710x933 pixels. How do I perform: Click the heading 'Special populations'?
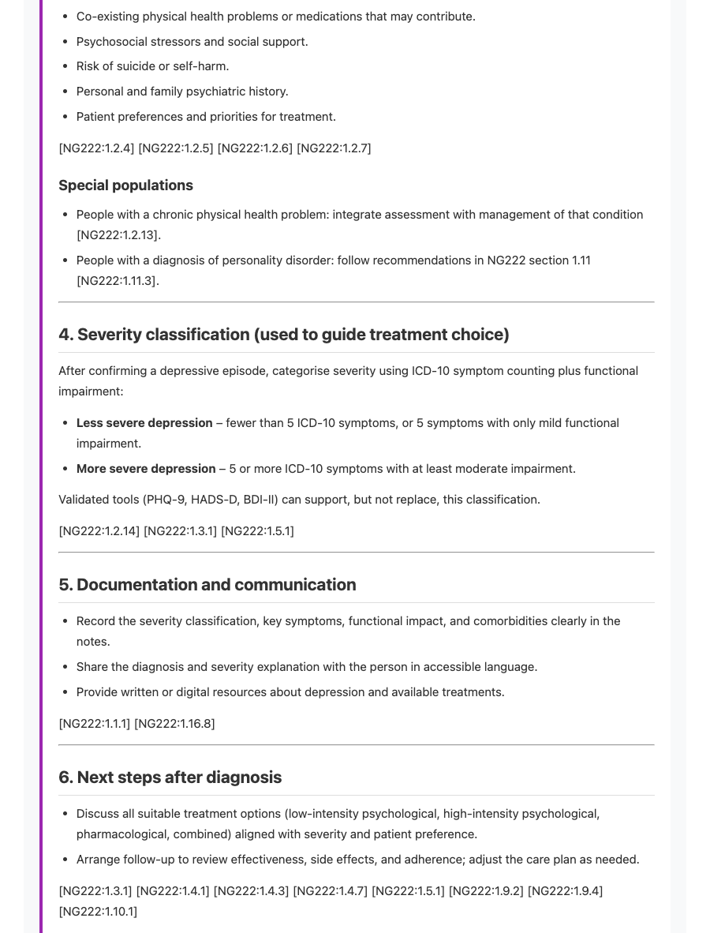click(125, 185)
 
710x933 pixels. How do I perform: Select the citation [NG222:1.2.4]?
click(96, 148)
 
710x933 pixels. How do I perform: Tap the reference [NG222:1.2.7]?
click(334, 148)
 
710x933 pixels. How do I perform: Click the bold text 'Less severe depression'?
click(144, 423)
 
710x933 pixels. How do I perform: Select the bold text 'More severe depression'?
click(146, 469)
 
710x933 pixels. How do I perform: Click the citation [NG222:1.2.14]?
click(99, 531)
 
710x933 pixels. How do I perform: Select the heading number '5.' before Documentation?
click(65, 585)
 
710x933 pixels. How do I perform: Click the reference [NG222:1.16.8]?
click(174, 724)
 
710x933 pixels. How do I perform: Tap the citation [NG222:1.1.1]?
click(95, 724)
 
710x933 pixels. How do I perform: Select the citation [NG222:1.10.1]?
click(98, 912)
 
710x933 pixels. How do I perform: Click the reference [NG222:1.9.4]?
click(565, 891)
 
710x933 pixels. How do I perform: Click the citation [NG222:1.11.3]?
click(118, 281)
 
